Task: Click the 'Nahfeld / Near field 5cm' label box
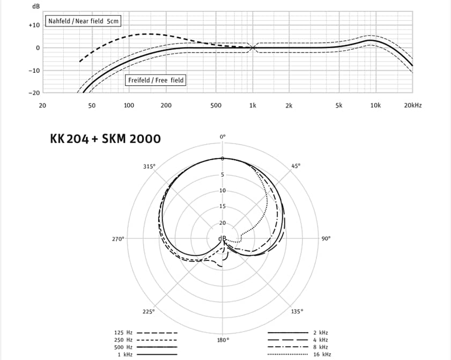[x=83, y=21]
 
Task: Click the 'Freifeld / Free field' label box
[x=156, y=80]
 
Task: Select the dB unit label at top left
[x=36, y=6]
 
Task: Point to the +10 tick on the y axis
[x=34, y=25]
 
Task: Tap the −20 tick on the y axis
[x=34, y=93]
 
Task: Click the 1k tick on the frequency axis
[x=253, y=106]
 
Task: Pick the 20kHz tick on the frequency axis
[x=412, y=106]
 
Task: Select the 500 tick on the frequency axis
[x=216, y=106]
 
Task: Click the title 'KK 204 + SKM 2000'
[x=105, y=139]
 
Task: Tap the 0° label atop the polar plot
[x=224, y=137]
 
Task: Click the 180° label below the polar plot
[x=224, y=340]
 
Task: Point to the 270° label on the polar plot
[x=118, y=239]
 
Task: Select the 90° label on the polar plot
[x=327, y=239]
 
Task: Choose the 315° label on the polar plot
[x=149, y=166]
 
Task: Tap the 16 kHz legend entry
[x=322, y=355]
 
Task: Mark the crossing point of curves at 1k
[x=253, y=48]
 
